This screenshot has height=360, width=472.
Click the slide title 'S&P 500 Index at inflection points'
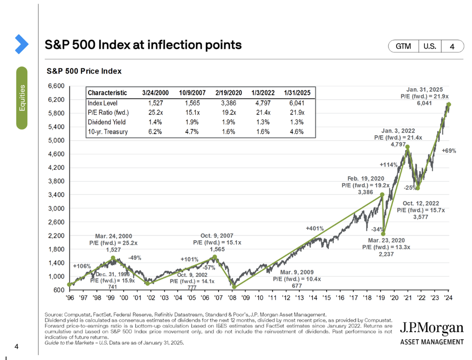[143, 45]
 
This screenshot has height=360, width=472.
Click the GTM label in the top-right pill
[403, 46]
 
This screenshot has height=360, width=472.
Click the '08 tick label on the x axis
[233, 298]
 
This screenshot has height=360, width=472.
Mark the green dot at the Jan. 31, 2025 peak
[449, 104]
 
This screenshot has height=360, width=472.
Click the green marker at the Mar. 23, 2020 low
[384, 234]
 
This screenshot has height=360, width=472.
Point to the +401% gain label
[315, 228]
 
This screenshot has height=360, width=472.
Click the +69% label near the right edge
[449, 151]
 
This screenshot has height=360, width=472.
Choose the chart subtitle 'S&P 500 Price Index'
[84, 71]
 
